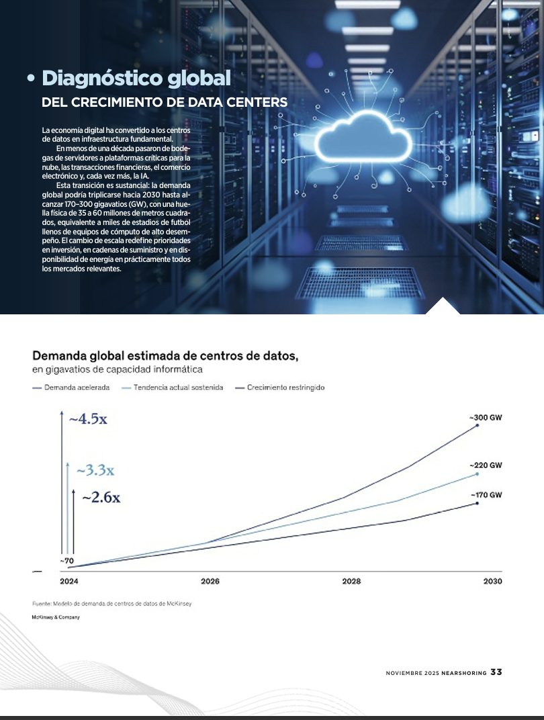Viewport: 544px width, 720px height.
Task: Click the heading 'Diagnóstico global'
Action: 136,78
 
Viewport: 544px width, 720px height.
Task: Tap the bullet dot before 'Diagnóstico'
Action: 31,79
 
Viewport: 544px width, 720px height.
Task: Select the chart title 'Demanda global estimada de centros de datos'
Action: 165,356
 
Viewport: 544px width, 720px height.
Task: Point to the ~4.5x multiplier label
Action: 88,419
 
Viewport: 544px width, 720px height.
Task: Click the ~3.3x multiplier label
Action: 95,470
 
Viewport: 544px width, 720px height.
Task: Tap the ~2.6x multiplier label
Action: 101,497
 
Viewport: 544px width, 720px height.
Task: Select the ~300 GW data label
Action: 486,418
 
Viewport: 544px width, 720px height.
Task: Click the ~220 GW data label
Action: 486,465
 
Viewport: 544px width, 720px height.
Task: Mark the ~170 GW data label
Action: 486,495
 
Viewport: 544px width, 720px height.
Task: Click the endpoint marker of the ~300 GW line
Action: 478,425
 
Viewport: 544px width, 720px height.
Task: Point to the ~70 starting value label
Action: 66,561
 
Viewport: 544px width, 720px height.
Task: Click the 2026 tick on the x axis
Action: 210,582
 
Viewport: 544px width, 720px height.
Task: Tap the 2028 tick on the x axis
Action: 351,582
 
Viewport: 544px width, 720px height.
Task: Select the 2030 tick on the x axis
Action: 492,582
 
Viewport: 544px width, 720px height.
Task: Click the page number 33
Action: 496,672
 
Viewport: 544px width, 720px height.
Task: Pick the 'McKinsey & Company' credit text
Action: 56,617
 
